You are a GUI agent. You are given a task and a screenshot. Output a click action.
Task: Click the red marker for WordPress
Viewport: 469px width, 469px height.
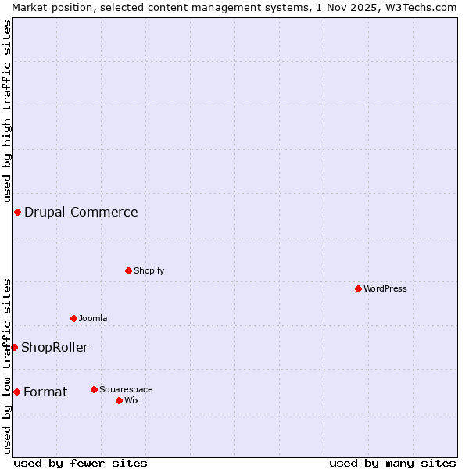point(358,288)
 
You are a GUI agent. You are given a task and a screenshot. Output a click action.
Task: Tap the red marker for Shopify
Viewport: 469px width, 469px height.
point(128,270)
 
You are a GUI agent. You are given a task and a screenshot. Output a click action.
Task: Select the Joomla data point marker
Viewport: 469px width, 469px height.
point(73,318)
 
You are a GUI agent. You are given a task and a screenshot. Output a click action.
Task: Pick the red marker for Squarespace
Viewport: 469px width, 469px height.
point(94,389)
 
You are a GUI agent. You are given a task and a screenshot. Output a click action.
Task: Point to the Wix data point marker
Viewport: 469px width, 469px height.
point(119,400)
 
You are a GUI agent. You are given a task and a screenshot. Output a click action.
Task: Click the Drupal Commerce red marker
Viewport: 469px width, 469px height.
point(17,212)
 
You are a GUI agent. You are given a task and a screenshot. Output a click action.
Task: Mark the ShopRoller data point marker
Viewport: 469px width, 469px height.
point(14,347)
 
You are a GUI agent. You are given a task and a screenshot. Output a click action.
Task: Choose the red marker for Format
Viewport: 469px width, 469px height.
point(16,392)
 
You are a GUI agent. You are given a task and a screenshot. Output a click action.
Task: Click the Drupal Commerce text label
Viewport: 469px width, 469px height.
point(81,212)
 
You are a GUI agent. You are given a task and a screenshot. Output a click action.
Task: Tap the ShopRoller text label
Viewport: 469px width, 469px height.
point(55,347)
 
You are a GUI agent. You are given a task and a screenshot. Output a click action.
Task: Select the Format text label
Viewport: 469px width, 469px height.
point(45,392)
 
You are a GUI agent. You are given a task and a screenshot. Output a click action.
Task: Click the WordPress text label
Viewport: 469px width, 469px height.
point(385,288)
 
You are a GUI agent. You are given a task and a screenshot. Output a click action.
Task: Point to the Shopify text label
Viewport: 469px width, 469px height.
point(149,270)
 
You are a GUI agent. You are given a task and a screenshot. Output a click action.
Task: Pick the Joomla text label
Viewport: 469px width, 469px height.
point(93,318)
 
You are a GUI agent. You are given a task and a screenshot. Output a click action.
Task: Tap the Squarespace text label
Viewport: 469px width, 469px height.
point(126,389)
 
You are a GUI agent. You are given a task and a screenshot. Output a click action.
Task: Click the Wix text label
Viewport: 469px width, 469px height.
point(132,400)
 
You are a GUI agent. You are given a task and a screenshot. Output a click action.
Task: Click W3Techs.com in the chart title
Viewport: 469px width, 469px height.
point(421,7)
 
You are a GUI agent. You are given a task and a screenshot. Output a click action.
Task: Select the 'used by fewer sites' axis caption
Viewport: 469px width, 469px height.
point(81,463)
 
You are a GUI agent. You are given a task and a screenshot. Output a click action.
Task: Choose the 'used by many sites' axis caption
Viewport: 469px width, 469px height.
point(392,463)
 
